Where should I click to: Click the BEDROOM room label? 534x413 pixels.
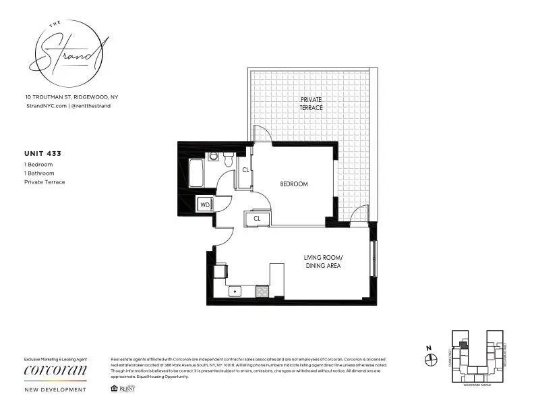click(294, 184)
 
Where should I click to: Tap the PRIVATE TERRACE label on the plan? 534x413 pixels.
click(311, 103)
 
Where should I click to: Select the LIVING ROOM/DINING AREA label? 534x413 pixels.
click(323, 262)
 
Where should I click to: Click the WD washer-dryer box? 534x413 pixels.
click(204, 204)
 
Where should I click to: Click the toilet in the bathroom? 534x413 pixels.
click(228, 161)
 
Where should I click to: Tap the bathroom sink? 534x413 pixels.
click(213, 157)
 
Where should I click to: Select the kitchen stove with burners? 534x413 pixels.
click(262, 291)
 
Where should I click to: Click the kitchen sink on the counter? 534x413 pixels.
click(235, 292)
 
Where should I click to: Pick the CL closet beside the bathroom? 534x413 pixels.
click(246, 171)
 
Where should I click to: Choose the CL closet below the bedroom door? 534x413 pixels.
click(257, 218)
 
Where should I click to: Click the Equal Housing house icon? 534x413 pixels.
click(112, 389)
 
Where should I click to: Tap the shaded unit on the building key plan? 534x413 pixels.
click(462, 343)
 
